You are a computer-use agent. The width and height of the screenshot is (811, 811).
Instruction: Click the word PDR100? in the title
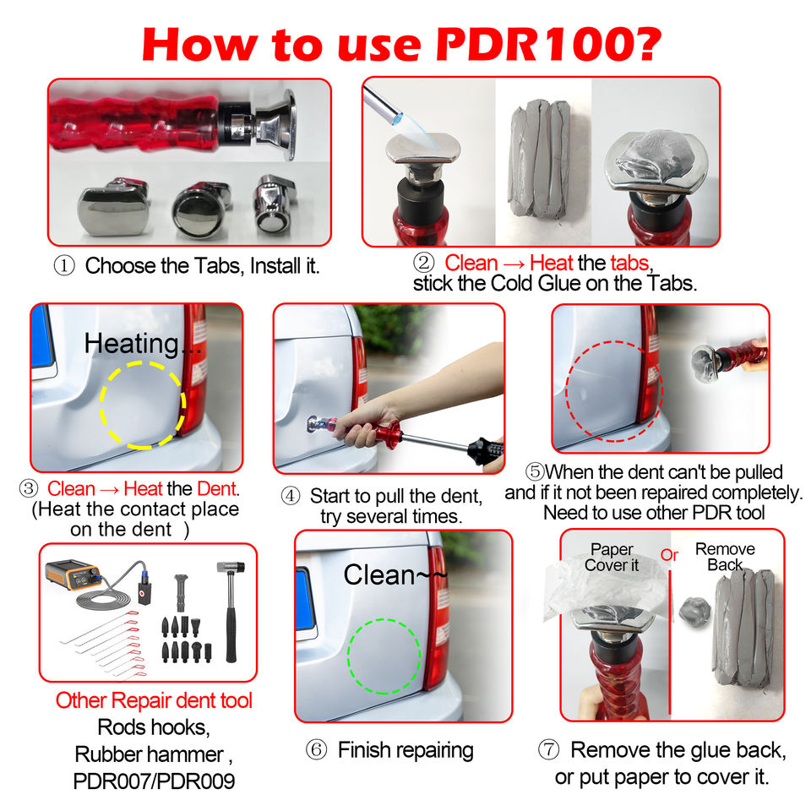point(548,45)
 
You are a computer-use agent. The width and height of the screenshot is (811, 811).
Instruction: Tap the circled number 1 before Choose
point(64,266)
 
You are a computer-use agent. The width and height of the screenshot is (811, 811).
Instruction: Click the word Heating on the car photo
point(132,344)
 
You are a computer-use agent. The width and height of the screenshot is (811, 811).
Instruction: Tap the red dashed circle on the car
point(567,391)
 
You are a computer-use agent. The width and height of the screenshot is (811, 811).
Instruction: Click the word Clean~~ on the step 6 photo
point(395,574)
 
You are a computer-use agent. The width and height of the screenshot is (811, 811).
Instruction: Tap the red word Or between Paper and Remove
point(669,555)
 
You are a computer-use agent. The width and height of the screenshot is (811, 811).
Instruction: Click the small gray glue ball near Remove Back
point(694,612)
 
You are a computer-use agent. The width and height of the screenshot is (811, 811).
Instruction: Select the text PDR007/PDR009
point(154,781)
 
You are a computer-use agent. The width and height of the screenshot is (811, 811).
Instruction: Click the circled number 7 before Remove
point(549,749)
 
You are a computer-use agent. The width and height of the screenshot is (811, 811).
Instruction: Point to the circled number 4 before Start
point(291,496)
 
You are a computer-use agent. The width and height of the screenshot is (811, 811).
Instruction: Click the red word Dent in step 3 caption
point(217,489)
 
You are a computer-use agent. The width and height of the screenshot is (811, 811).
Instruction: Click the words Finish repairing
point(405,750)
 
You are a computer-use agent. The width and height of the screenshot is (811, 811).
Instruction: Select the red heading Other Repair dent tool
point(154,700)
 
